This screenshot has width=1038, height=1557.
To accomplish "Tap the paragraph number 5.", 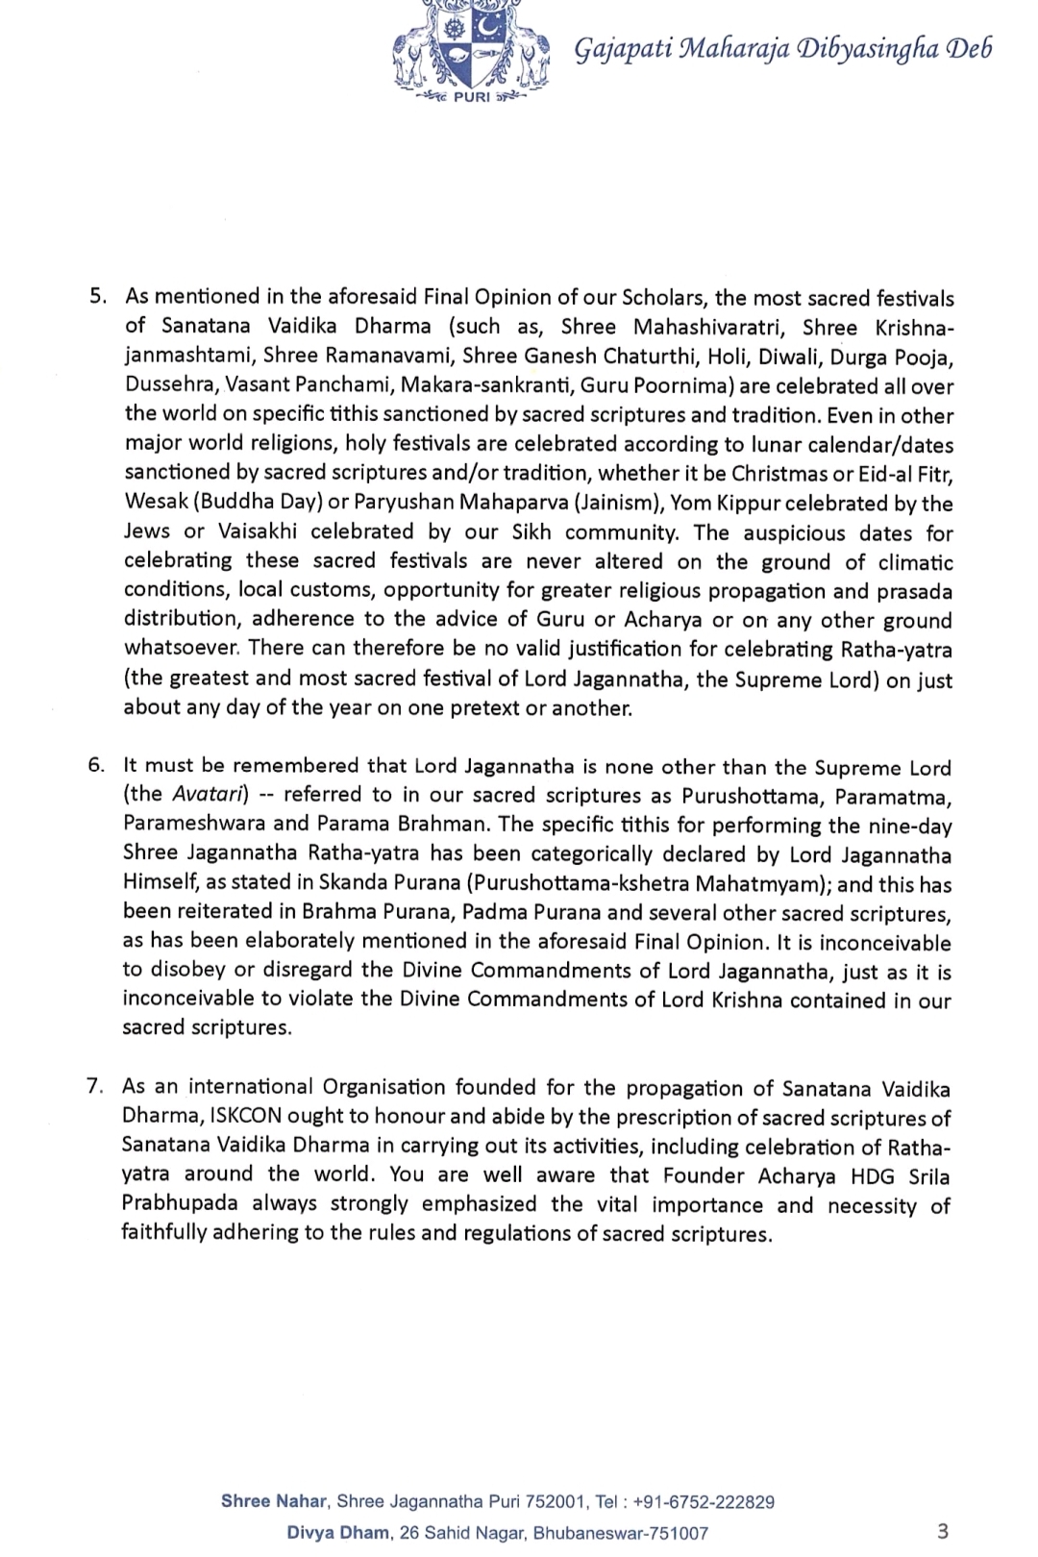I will point(97,297).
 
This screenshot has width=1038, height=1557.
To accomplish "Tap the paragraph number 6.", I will point(96,765).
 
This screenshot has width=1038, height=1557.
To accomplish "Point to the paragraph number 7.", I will point(95,1086).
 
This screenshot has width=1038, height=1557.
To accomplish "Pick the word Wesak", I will point(153,503).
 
